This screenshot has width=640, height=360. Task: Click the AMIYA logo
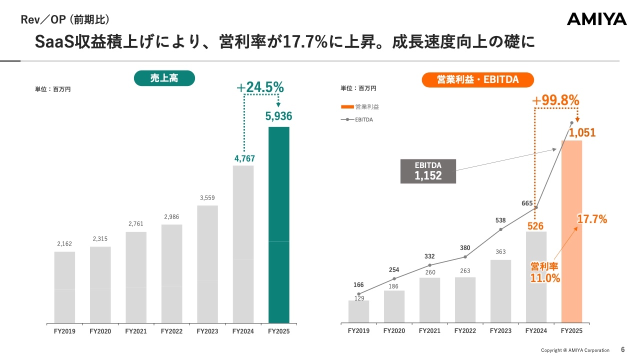pyautogui.click(x=596, y=19)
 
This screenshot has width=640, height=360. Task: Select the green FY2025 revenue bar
pyautogui.click(x=278, y=224)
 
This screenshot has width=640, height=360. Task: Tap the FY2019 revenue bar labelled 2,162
pyautogui.click(x=64, y=287)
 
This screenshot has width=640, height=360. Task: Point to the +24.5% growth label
pyautogui.click(x=260, y=87)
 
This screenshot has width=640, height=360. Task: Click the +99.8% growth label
pyautogui.click(x=555, y=100)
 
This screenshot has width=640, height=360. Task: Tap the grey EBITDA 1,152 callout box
pyautogui.click(x=428, y=171)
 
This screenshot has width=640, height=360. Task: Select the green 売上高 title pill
pyautogui.click(x=164, y=78)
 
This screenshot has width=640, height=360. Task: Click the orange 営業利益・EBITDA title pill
pyautogui.click(x=477, y=79)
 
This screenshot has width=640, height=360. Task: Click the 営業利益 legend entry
pyautogui.click(x=360, y=106)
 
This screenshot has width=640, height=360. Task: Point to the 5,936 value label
pyautogui.click(x=278, y=116)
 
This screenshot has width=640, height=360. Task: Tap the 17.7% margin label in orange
pyautogui.click(x=592, y=219)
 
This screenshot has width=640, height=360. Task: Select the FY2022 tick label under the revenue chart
pyautogui.click(x=171, y=331)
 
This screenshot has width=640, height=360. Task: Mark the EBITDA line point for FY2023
pyautogui.click(x=500, y=229)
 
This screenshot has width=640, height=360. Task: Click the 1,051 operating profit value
pyautogui.click(x=582, y=133)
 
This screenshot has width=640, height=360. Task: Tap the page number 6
pyautogui.click(x=622, y=349)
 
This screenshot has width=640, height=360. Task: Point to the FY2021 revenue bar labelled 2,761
pyautogui.click(x=136, y=277)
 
